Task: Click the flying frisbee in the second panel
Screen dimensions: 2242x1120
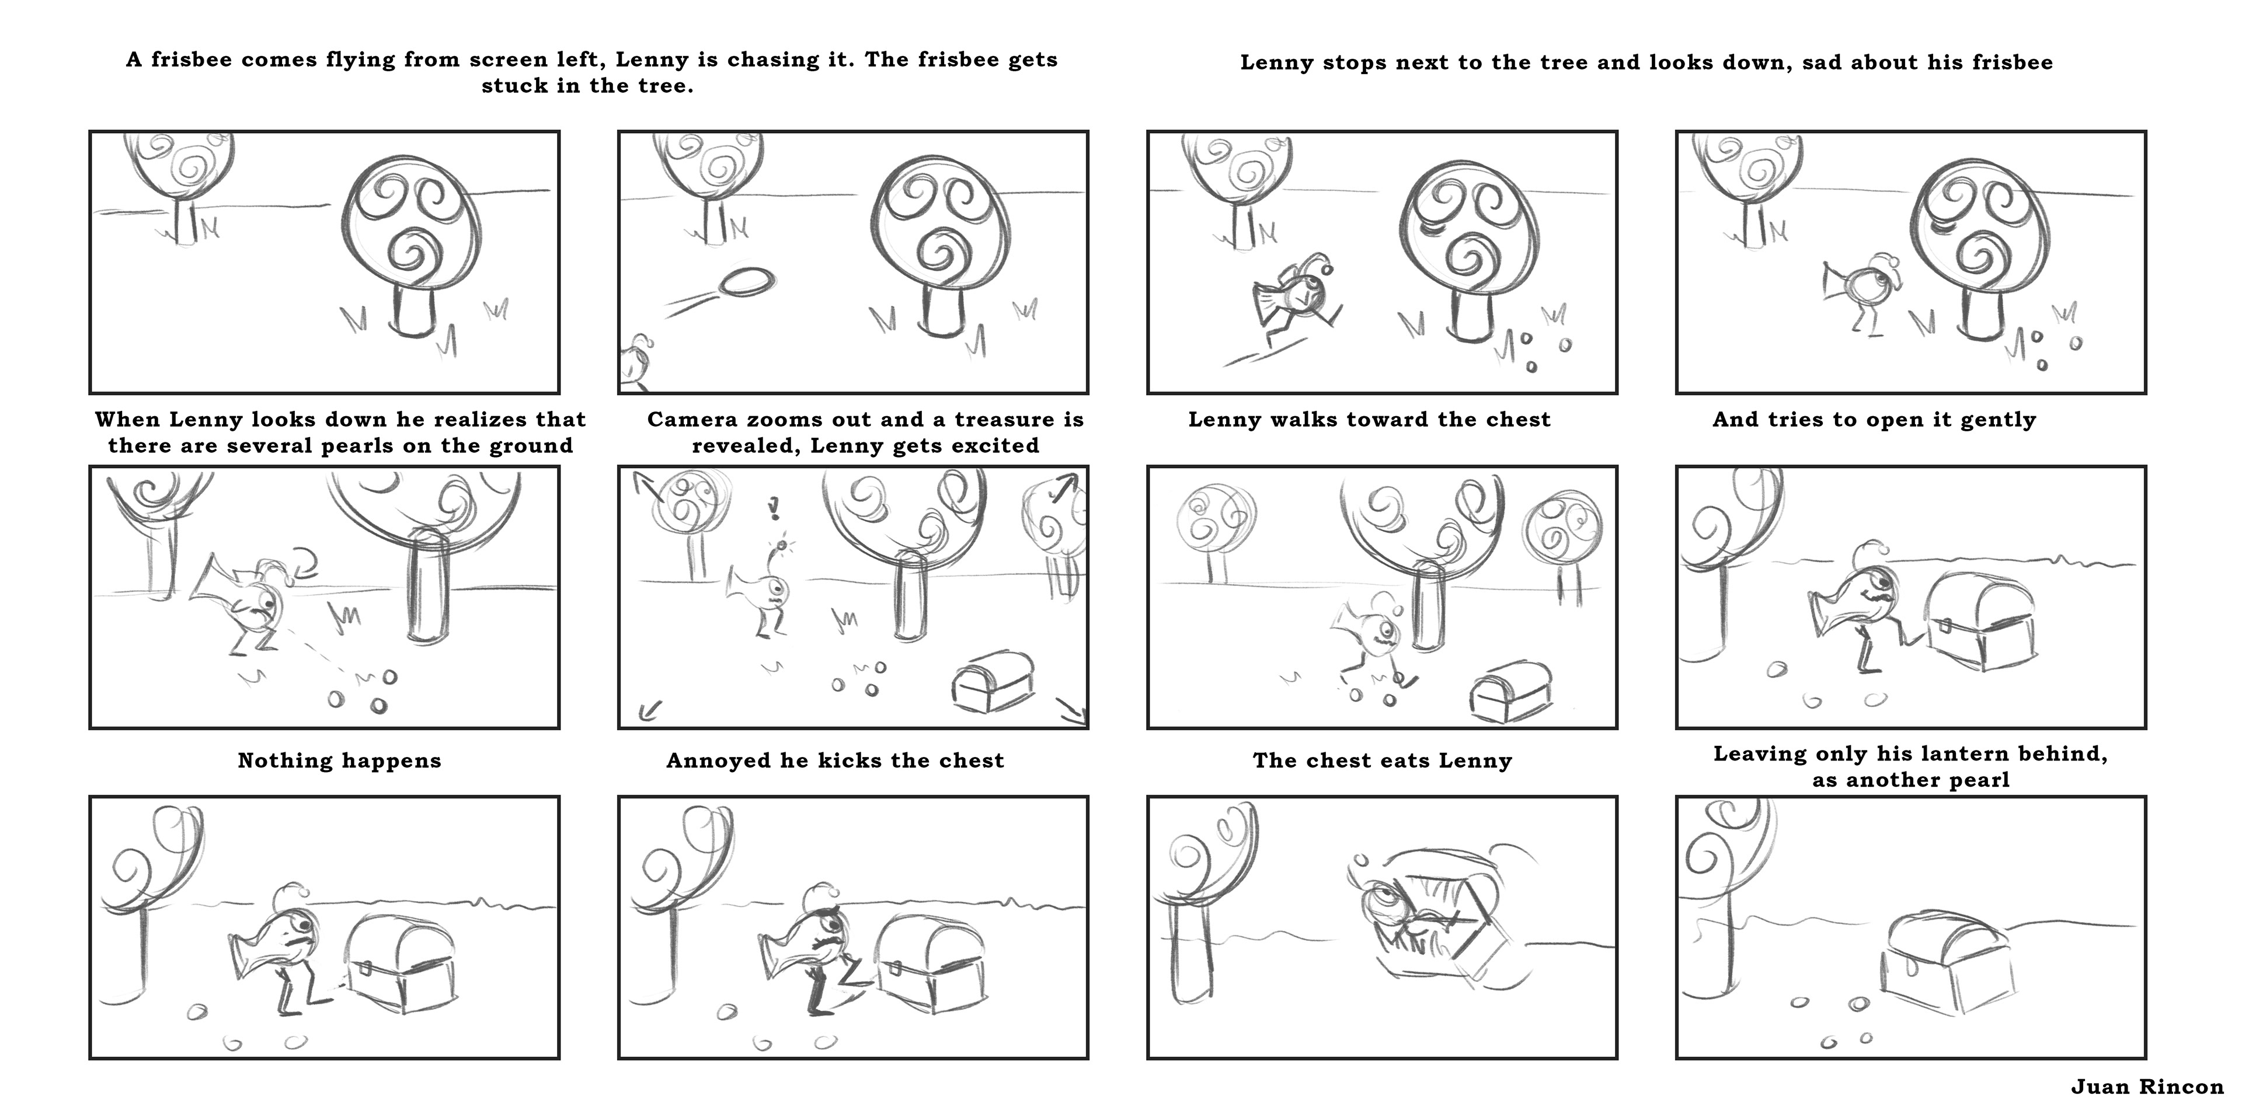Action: tap(747, 282)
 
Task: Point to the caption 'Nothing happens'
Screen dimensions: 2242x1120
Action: tap(339, 760)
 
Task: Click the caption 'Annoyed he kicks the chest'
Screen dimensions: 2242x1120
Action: tap(835, 760)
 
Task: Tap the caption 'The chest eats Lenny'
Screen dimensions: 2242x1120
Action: tap(1382, 760)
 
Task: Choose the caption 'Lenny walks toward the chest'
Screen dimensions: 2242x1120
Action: tap(1370, 420)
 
